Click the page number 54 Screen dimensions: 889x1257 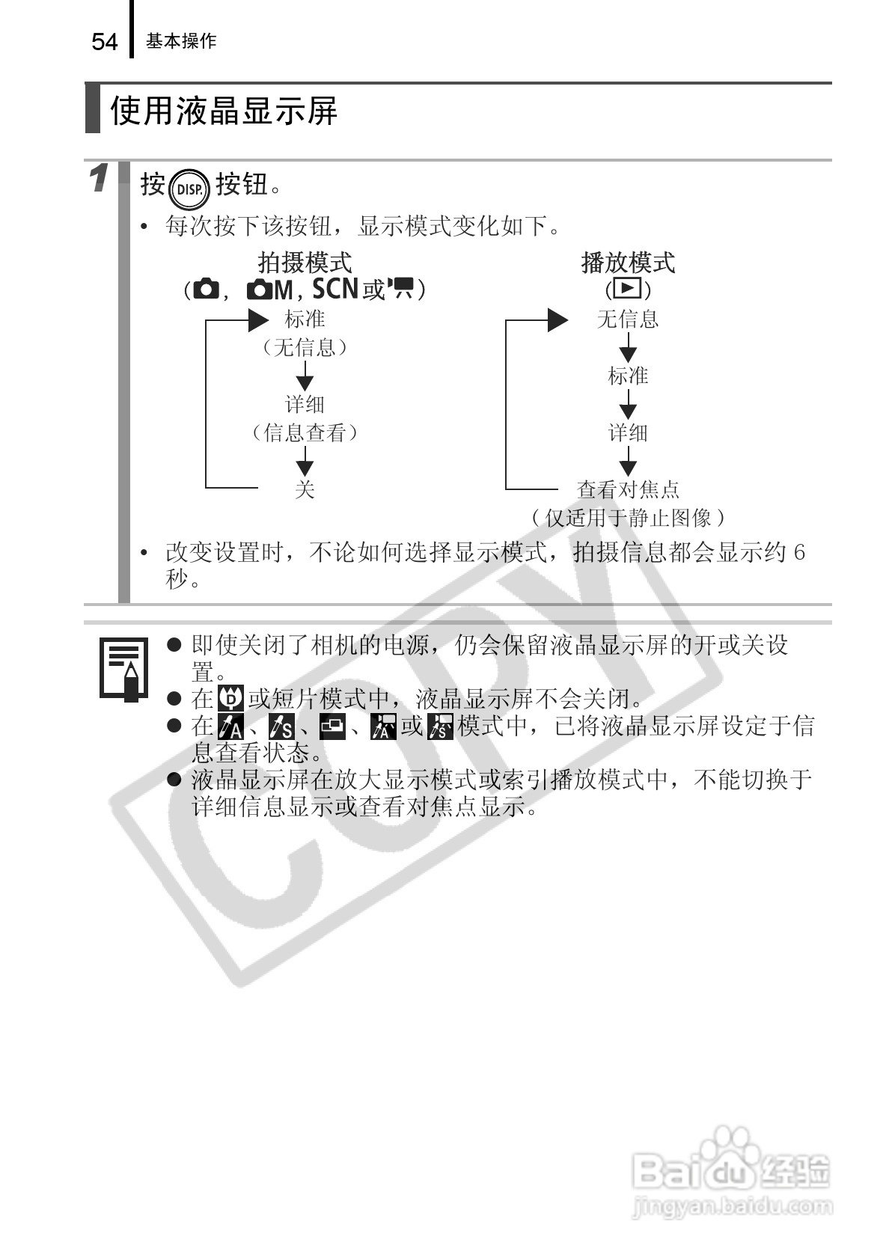[x=105, y=42]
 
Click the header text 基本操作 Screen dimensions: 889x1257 [x=181, y=41]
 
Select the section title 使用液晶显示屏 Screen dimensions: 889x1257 [x=224, y=111]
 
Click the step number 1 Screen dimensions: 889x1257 [x=99, y=179]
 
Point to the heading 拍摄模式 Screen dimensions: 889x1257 [x=305, y=263]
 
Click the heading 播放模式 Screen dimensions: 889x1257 [x=628, y=263]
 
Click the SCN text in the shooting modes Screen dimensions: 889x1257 [x=334, y=289]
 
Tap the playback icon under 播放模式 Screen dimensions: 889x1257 [x=628, y=289]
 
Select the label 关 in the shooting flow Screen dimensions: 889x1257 [x=305, y=489]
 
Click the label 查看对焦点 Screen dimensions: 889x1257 [x=628, y=489]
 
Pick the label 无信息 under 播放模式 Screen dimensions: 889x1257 [x=628, y=319]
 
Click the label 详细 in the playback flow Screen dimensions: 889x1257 [x=628, y=432]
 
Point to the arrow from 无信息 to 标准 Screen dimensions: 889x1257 [x=628, y=348]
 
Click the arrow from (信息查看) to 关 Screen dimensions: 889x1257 [x=305, y=461]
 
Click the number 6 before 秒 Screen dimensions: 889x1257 [x=798, y=552]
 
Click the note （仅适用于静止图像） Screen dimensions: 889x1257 [x=628, y=517]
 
